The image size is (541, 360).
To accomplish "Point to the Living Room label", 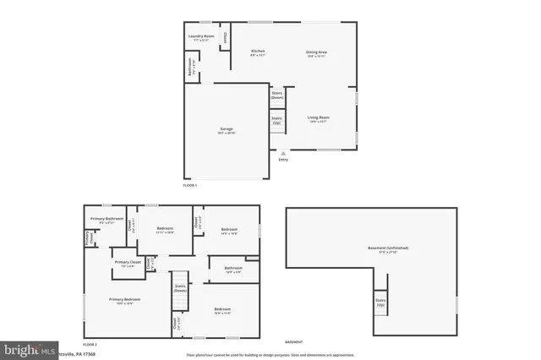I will point(318,119).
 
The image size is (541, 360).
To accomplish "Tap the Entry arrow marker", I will point(282,153).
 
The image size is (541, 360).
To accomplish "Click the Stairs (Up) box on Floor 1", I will point(276,120).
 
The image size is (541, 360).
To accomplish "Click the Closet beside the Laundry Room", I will point(225,38).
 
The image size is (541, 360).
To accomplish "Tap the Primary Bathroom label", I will point(104,221).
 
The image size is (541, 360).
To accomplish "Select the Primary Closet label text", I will point(127,265).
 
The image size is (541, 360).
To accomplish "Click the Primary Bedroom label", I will point(124,301).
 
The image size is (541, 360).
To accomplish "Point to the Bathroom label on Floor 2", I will point(233,271).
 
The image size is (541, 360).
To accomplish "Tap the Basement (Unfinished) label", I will point(388,249).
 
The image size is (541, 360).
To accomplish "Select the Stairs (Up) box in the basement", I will point(380,302).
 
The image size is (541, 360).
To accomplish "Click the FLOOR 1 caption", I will point(189,184).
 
